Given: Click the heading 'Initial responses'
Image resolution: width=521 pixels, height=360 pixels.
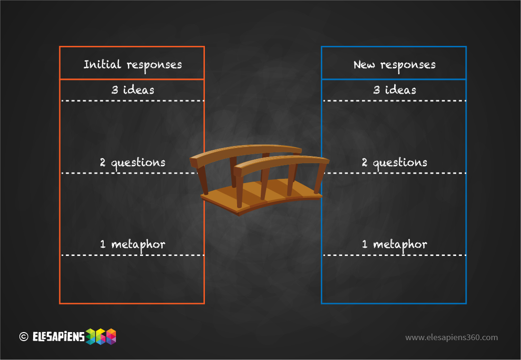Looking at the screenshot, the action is point(132,65).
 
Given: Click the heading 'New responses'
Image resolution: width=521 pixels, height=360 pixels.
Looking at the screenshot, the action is point(394,65).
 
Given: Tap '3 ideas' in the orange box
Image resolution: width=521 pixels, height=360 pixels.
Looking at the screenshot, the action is point(132,90).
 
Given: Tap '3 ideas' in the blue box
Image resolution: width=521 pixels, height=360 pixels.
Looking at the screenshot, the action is point(394,90).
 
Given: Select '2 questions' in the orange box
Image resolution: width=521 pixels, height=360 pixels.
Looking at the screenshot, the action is point(132,163).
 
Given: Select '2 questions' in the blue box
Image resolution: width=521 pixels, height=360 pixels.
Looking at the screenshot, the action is point(394,163).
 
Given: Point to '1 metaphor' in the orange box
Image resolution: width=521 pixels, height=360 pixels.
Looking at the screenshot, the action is point(132,245).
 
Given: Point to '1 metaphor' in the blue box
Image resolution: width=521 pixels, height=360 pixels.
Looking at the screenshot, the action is point(394,245).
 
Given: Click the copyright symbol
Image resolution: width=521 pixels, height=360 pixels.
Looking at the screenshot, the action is point(24,337).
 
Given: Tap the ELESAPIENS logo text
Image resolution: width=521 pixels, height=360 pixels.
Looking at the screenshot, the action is point(59,337).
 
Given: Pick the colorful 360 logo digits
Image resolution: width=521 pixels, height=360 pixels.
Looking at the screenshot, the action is point(101,337).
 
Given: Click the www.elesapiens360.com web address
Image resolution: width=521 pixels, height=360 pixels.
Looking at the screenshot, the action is point(451,337).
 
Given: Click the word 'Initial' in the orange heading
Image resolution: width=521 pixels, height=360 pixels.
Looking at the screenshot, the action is point(102,64).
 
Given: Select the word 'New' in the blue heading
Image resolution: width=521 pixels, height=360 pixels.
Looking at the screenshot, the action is point(364,64).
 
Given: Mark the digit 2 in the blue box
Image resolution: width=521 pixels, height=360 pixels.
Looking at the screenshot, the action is point(364,162).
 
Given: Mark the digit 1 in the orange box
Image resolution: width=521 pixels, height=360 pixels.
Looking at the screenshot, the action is point(103,245).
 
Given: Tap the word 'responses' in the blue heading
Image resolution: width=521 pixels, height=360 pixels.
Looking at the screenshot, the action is point(408,66).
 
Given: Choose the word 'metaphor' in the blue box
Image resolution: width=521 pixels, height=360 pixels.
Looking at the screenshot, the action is point(400,246).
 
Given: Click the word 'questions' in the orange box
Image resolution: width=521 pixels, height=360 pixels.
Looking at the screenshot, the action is point(138,163).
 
